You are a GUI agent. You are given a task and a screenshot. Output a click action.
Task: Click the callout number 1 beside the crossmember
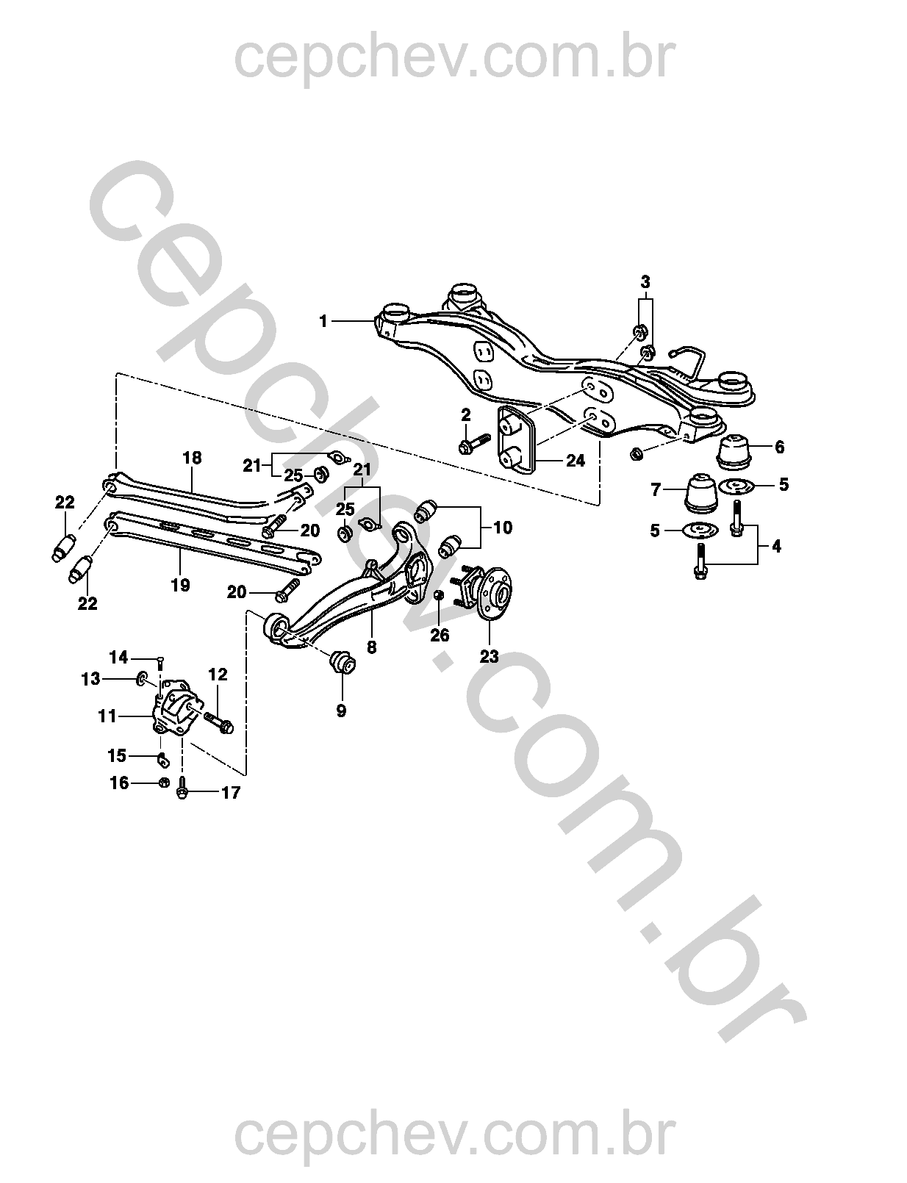[323, 321]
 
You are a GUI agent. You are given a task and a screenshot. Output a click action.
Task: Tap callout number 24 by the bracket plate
[576, 461]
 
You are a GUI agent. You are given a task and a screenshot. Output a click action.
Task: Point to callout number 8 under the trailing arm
[371, 647]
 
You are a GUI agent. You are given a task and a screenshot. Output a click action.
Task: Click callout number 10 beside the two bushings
[503, 528]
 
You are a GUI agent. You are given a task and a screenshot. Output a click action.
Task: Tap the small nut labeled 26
[438, 594]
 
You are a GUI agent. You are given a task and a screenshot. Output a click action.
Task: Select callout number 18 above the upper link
[192, 458]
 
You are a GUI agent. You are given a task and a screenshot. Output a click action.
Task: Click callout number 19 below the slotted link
[180, 585]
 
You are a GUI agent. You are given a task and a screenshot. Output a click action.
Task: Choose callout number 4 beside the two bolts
[776, 546]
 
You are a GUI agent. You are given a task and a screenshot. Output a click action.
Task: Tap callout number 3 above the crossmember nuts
[645, 281]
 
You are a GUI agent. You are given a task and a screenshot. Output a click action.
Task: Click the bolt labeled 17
[183, 790]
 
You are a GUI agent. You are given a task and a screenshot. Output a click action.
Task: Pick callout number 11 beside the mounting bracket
[107, 715]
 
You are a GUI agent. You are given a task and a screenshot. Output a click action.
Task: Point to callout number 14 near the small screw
[118, 657]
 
